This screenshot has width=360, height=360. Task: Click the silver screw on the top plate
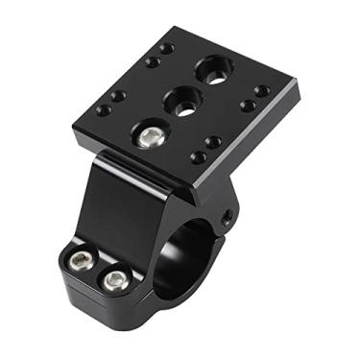pyautogui.click(x=148, y=137)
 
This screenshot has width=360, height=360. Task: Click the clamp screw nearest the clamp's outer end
pyautogui.click(x=79, y=261)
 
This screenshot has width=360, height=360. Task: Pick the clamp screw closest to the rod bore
pyautogui.click(x=115, y=280)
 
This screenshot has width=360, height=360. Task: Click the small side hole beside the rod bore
pyautogui.click(x=227, y=218)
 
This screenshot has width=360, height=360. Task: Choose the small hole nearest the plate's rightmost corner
pyautogui.click(x=262, y=91)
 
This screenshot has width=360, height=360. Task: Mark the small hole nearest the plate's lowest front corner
pyautogui.click(x=198, y=156)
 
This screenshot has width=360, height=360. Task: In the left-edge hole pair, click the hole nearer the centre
pyautogui.click(x=118, y=96)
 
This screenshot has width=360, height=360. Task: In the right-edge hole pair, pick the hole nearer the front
pyautogui.click(x=247, y=105)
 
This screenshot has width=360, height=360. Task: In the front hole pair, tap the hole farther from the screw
pyautogui.click(x=212, y=142)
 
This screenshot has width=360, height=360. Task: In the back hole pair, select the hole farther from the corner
pyautogui.click(x=153, y=61)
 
